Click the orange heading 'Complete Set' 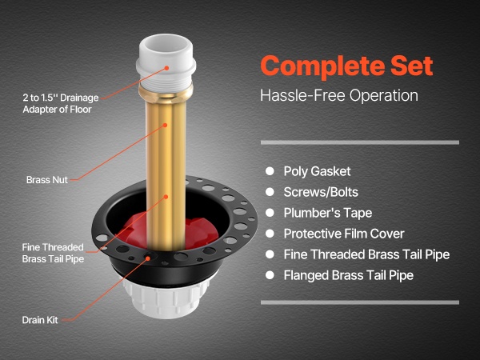(346, 66)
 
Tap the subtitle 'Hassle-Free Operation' (339, 95)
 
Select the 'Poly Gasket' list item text (317, 171)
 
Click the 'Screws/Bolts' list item (321, 192)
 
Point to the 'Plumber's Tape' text (327, 213)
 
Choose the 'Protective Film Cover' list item (344, 234)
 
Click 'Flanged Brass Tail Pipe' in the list (348, 275)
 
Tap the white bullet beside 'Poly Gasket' (270, 171)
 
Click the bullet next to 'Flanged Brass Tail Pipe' (270, 275)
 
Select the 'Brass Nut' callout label (47, 180)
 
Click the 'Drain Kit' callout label (40, 320)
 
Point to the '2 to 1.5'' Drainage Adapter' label (61, 103)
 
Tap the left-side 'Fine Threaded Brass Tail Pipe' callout (53, 253)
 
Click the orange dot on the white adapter (166, 68)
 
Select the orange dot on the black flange (148, 258)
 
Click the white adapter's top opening (166, 45)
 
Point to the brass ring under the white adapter (166, 92)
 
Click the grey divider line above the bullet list (360, 142)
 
